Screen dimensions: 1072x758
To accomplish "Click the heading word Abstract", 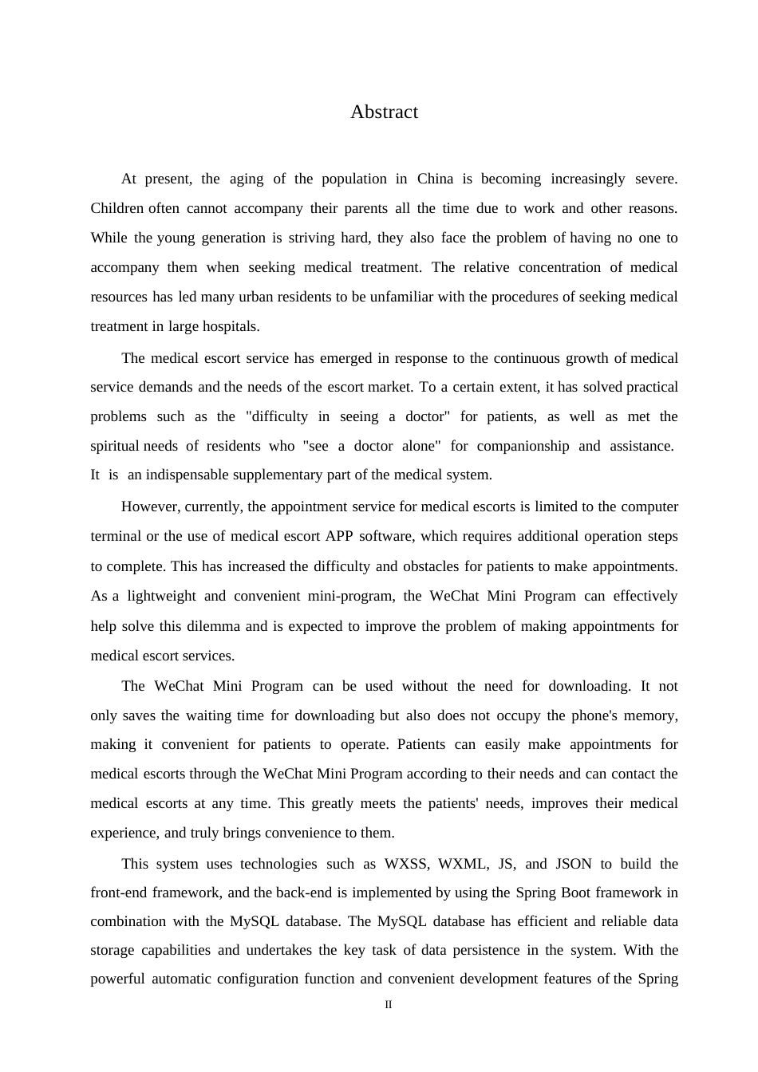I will click(x=384, y=112).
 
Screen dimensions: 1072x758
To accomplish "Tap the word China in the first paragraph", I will click(x=435, y=179).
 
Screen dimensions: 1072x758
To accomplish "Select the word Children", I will click(x=116, y=209).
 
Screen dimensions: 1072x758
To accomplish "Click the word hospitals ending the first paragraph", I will click(x=231, y=326).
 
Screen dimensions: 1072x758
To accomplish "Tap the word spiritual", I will click(x=114, y=446).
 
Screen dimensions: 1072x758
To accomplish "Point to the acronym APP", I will click(x=338, y=536).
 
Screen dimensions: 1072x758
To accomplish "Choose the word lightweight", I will click(x=161, y=596).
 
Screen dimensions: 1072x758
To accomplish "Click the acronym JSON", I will click(x=574, y=864).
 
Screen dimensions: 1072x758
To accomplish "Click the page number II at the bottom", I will click(x=389, y=1005).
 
